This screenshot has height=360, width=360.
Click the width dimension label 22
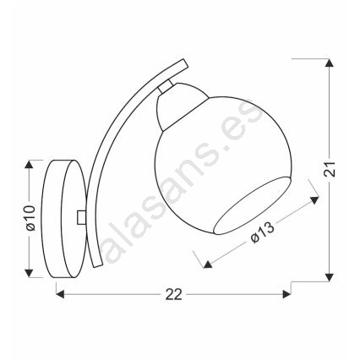click(x=173, y=295)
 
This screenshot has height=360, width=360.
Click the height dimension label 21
click(x=330, y=169)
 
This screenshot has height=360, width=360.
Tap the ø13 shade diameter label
click(x=262, y=232)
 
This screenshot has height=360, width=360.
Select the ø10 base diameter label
click(x=30, y=218)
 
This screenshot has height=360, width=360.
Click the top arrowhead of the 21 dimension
click(x=328, y=63)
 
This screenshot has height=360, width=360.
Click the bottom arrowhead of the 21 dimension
click(x=328, y=277)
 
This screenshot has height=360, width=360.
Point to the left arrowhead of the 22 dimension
click(x=60, y=295)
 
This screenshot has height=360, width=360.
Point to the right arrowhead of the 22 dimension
click(x=286, y=295)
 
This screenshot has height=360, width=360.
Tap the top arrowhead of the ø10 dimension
click(x=29, y=164)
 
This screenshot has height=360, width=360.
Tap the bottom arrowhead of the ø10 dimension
click(x=29, y=273)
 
